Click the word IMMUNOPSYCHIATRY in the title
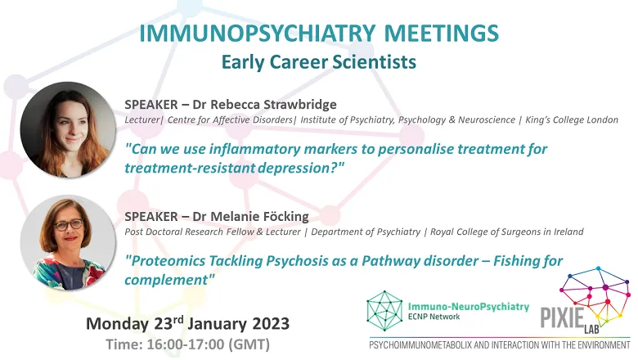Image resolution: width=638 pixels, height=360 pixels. pyautogui.click(x=257, y=34)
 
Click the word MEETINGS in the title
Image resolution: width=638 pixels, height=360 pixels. pyautogui.click(x=442, y=34)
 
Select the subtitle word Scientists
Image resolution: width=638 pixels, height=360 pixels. pyautogui.click(x=375, y=62)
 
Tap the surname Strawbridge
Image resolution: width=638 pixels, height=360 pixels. pyautogui.click(x=300, y=105)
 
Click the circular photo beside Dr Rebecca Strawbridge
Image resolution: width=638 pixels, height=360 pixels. pyautogui.click(x=68, y=129)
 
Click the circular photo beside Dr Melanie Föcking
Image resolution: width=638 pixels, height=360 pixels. pyautogui.click(x=68, y=242)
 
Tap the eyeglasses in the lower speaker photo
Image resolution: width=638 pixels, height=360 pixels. pyautogui.click(x=69, y=225)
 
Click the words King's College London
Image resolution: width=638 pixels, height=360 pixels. pyautogui.click(x=572, y=120)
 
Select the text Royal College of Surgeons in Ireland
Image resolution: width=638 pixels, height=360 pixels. pyautogui.click(x=506, y=232)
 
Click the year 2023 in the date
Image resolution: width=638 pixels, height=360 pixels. pyautogui.click(x=271, y=324)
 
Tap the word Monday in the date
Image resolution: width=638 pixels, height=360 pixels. pyautogui.click(x=118, y=324)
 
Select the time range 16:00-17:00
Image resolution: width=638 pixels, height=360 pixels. pyautogui.click(x=185, y=344)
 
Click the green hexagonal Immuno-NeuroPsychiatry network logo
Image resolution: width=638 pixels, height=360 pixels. pyautogui.click(x=384, y=310)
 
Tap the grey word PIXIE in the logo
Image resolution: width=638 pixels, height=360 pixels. pyautogui.click(x=562, y=317)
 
